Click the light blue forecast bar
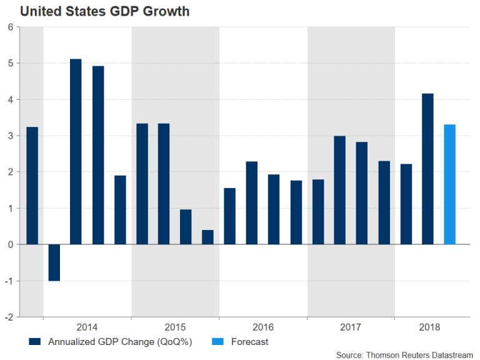(x=449, y=184)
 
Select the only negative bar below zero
(x=54, y=262)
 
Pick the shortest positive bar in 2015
(x=207, y=237)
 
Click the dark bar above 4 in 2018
(x=427, y=169)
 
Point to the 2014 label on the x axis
(x=87, y=327)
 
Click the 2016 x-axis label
(x=262, y=327)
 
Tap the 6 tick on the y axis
(x=11, y=27)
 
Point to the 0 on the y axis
(x=11, y=244)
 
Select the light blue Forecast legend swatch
(x=214, y=342)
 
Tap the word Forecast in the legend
(x=249, y=342)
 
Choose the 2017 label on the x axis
(x=351, y=327)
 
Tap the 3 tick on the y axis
(x=11, y=136)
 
